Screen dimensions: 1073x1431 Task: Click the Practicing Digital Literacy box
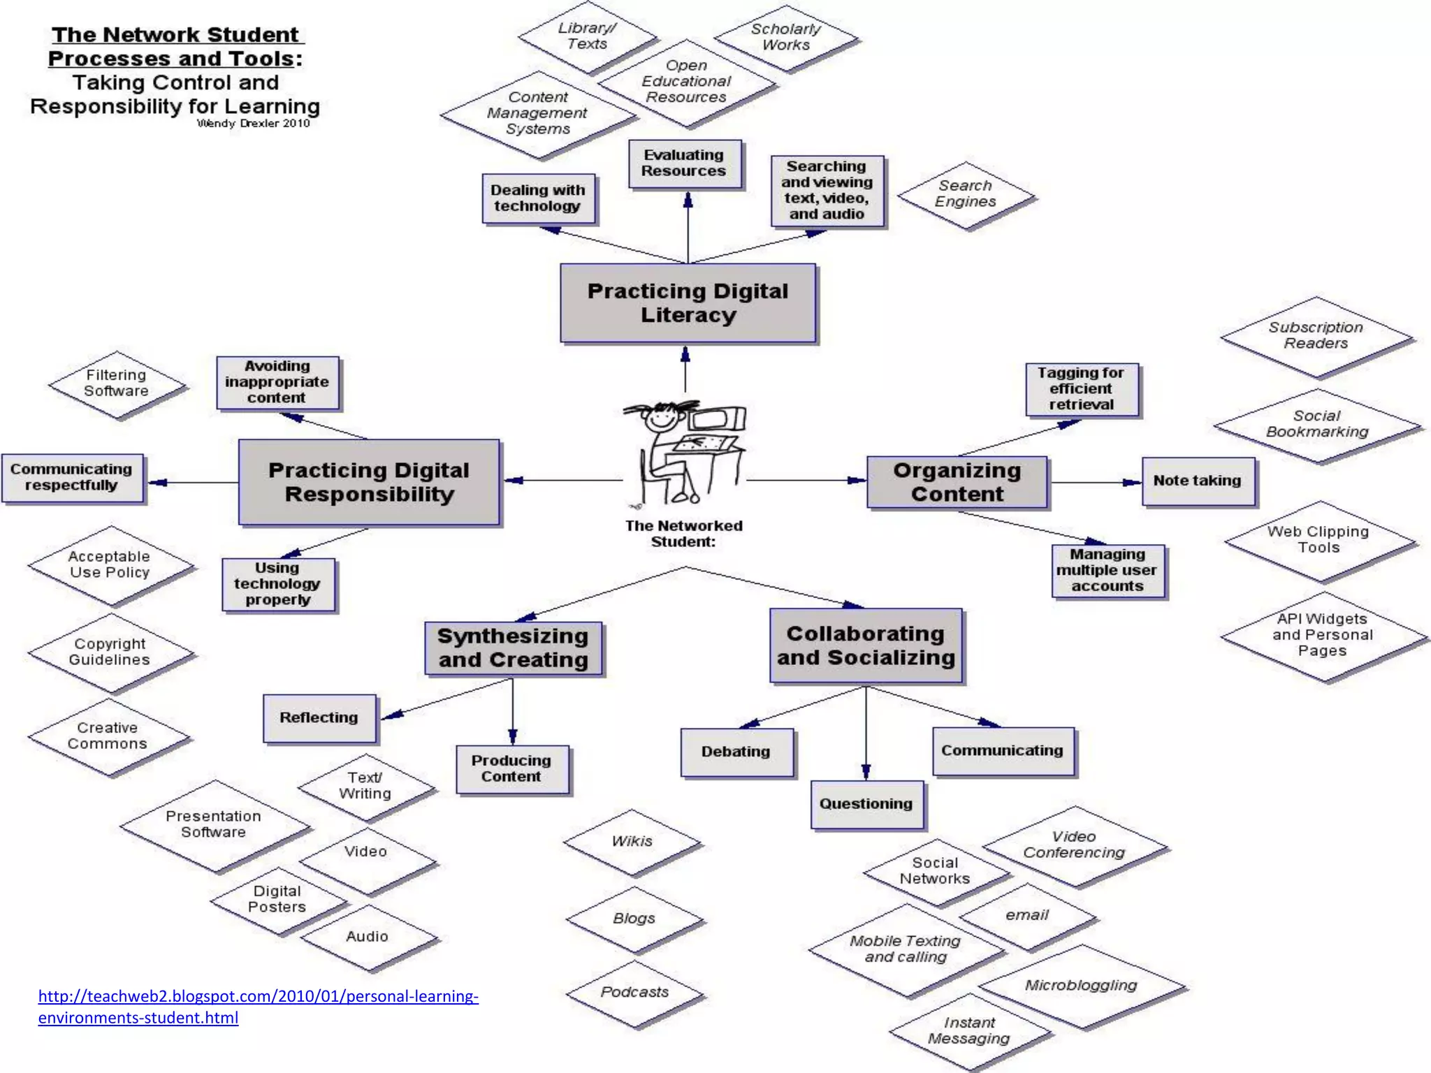(x=688, y=303)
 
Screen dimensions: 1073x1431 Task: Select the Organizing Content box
(x=957, y=482)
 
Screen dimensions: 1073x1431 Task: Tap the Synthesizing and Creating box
(x=513, y=648)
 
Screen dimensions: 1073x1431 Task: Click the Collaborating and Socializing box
(x=866, y=645)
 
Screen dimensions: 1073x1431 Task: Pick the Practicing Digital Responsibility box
(x=369, y=482)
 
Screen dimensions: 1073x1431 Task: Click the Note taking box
(x=1198, y=481)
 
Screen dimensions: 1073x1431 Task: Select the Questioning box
(x=866, y=804)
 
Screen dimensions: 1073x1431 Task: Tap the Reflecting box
(x=319, y=718)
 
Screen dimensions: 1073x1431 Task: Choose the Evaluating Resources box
(x=684, y=163)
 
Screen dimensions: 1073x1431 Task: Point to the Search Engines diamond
(x=966, y=194)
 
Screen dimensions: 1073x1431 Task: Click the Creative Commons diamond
(x=108, y=736)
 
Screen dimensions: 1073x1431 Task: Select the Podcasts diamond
(x=634, y=993)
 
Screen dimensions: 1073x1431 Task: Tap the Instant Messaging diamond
(x=969, y=1031)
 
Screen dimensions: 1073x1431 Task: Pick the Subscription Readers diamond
(x=1316, y=336)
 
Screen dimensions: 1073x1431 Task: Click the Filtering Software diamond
(x=117, y=384)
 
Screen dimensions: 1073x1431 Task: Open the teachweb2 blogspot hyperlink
(x=258, y=997)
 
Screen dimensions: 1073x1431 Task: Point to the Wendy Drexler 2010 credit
(x=253, y=124)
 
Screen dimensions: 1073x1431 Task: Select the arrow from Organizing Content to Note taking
(x=1094, y=482)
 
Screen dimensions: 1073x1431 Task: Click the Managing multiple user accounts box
(x=1107, y=571)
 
